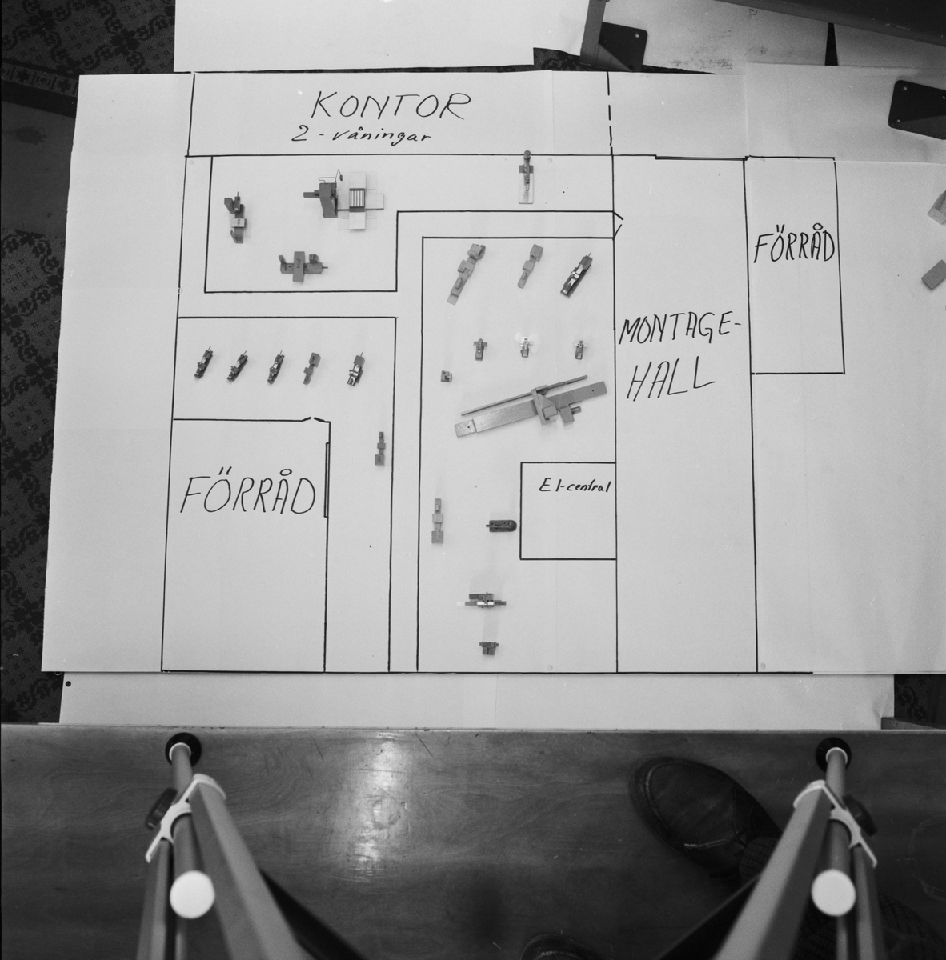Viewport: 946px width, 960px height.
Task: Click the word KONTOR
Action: coord(391,106)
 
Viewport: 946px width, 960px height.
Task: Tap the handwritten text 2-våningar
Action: coord(362,135)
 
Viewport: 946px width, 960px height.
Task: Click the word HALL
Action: coord(667,381)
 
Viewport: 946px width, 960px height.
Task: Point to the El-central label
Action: coord(574,486)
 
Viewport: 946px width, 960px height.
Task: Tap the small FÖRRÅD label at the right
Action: coord(793,246)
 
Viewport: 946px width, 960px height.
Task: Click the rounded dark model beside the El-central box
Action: coord(501,526)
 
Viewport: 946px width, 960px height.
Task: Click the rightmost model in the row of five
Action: coord(355,369)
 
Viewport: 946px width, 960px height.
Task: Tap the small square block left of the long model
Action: coord(446,376)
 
